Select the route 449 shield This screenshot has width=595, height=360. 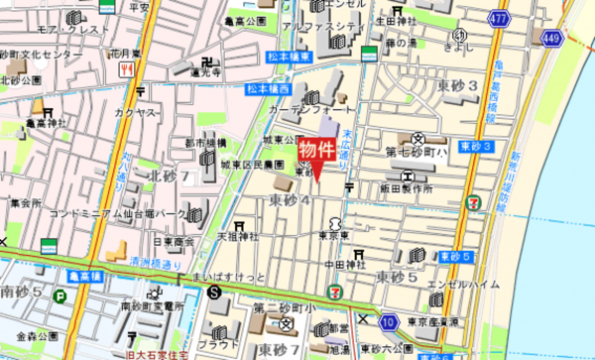(553, 38)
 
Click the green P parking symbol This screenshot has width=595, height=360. (60, 295)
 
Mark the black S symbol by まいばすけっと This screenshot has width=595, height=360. (215, 292)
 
